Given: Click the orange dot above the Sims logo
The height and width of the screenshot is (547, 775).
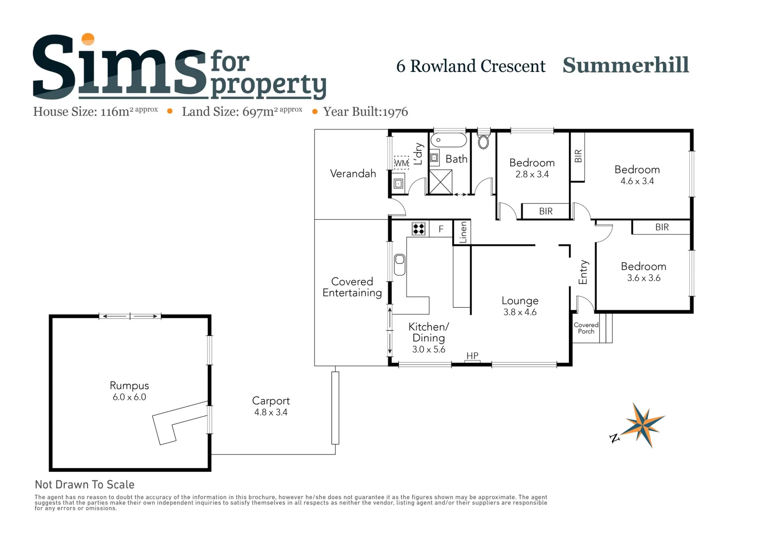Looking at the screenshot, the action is point(88,39).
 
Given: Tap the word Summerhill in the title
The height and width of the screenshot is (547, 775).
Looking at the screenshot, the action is point(626,65).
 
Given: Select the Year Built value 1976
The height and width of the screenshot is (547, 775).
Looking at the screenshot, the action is point(395,112).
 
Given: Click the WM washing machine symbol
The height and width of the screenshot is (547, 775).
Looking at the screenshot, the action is point(401,163).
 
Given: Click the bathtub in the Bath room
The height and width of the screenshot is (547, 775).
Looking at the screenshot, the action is point(448,140).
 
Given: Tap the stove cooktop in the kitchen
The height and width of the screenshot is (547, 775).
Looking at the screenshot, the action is point(418,229).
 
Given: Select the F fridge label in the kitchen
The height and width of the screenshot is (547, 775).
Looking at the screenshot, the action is point(441,229).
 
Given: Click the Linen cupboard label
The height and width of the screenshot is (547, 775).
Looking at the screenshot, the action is point(463,232).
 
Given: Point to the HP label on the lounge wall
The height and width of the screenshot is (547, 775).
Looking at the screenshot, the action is point(472,355).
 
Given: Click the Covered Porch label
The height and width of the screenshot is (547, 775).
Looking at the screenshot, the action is point(586,328).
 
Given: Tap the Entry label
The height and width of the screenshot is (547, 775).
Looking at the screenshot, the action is point(583,272).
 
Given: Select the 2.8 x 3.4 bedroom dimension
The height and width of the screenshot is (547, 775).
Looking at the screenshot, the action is point(532,174).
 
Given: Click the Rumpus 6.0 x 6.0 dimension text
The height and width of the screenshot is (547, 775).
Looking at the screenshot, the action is point(129,397).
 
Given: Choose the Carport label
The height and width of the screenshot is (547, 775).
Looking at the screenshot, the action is point(271,401).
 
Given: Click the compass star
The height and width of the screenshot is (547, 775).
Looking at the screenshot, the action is point(644,425).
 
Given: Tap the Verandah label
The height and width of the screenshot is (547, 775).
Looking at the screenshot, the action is point(353,173).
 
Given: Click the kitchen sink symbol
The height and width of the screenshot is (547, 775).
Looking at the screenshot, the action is point(399,264).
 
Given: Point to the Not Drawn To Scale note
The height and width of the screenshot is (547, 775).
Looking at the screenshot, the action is point(84,484).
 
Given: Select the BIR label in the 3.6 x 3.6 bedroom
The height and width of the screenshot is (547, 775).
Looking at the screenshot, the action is point(662,227).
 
